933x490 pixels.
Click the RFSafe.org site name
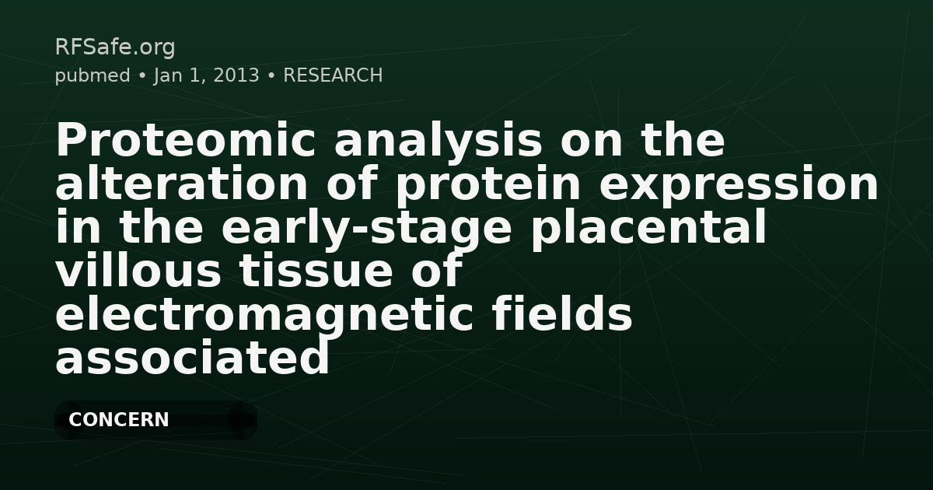(114, 47)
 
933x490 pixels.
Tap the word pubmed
(92, 76)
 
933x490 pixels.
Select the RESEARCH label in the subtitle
(333, 76)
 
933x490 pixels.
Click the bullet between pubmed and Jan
(142, 76)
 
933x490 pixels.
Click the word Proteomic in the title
(186, 142)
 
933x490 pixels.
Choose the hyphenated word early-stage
(367, 229)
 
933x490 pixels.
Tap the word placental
(648, 229)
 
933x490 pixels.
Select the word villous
(138, 272)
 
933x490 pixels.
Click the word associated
(192, 359)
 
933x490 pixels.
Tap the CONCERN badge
(119, 420)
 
